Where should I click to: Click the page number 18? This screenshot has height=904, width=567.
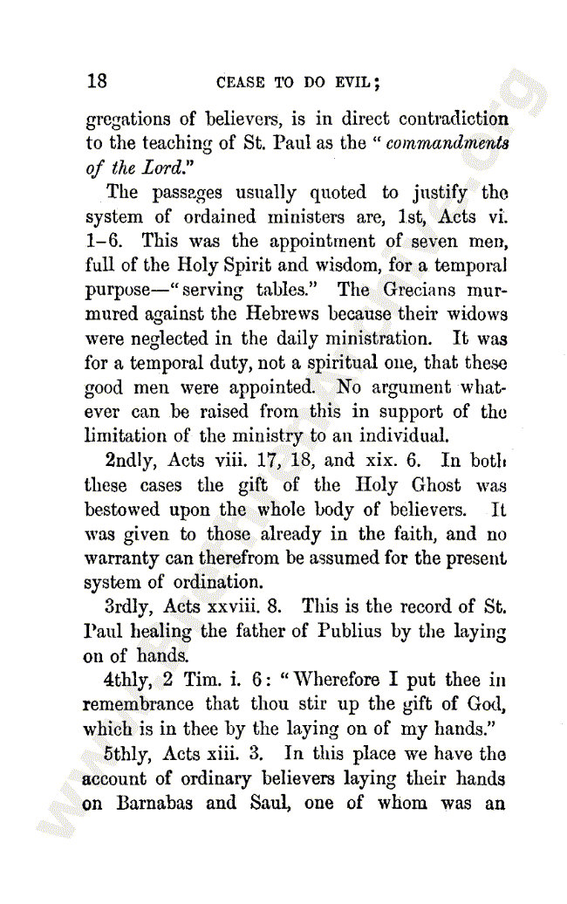(x=97, y=81)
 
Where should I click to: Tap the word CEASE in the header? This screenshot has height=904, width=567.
(x=240, y=84)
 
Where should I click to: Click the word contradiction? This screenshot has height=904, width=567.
(x=454, y=118)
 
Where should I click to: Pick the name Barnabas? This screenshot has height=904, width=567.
(x=156, y=802)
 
